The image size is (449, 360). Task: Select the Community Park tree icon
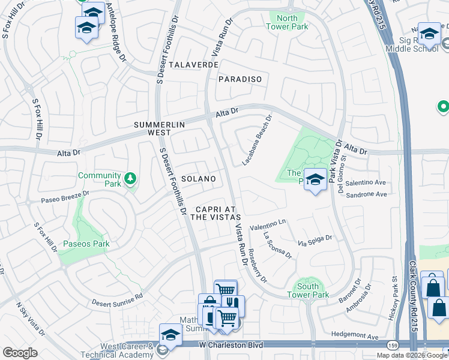click(x=129, y=178)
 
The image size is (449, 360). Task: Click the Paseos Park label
click(x=92, y=244)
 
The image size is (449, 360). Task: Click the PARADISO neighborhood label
click(x=240, y=79)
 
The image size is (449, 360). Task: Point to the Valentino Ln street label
click(x=268, y=222)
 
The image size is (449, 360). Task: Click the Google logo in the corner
click(x=20, y=352)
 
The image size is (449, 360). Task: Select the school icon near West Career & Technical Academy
click(x=170, y=335)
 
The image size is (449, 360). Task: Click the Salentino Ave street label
click(x=366, y=182)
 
